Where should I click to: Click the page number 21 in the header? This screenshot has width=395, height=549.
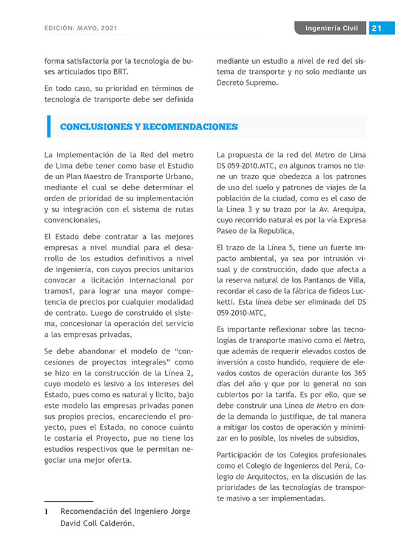click(x=376, y=28)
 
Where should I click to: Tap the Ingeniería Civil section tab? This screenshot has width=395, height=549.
click(x=331, y=28)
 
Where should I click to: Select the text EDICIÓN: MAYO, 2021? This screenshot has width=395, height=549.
click(x=81, y=29)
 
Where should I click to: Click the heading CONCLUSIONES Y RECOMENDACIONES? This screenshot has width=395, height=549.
click(x=149, y=127)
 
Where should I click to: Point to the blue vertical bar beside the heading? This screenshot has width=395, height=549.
click(x=49, y=126)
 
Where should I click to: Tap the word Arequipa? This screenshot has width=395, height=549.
click(x=349, y=210)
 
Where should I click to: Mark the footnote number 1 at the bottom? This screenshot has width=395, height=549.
click(x=46, y=512)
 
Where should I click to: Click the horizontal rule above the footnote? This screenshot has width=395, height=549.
click(x=69, y=502)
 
